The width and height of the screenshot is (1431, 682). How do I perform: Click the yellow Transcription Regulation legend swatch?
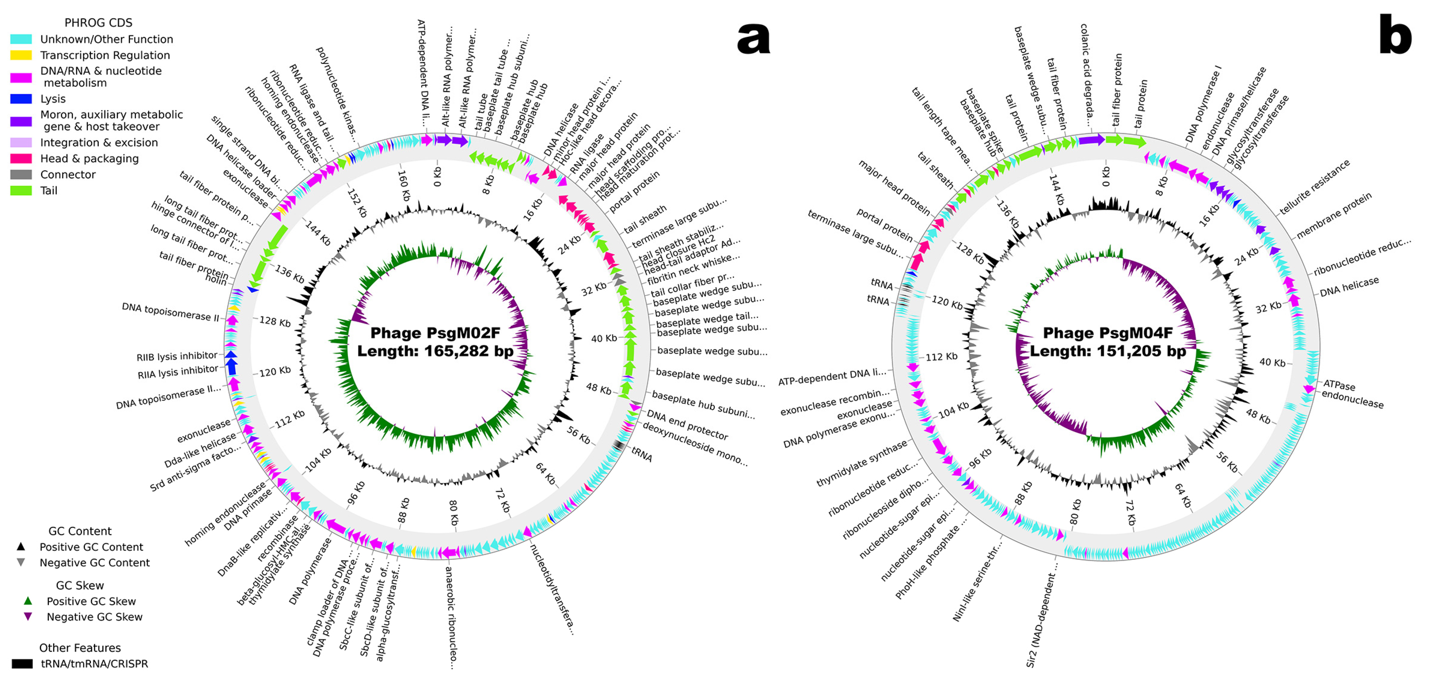[21, 55]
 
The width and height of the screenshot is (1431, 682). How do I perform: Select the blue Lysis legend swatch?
[21, 99]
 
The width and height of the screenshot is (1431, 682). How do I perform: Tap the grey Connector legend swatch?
[21, 174]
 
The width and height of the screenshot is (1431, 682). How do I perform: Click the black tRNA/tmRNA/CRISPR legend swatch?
[22, 664]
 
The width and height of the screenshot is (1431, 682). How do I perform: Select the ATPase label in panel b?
[1339, 385]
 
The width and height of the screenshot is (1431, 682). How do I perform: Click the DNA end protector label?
[687, 425]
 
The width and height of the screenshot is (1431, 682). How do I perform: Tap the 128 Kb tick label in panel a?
[275, 321]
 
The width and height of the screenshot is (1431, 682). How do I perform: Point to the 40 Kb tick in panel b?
[1272, 362]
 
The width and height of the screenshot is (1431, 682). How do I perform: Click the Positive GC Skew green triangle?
[28, 601]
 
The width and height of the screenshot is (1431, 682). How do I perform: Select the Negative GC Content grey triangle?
[21, 562]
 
